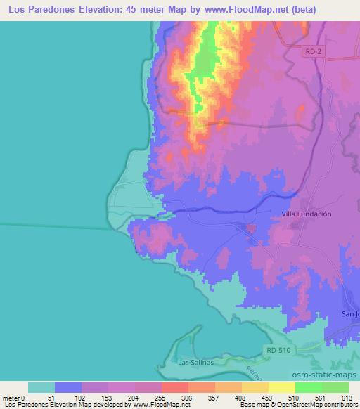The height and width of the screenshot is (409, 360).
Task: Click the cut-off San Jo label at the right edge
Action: coord(350,313)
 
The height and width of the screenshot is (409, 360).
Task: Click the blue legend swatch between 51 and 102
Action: coord(68,387)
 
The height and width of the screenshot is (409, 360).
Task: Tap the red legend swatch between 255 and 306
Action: coord(175,387)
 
